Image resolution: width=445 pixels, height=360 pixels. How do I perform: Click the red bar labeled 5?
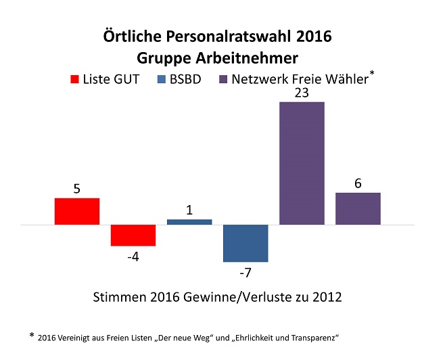[77, 210]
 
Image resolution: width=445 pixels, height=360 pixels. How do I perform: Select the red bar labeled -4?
[133, 235]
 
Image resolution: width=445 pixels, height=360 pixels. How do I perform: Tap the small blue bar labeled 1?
[189, 221]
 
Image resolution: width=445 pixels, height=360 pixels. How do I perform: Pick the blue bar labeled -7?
[245, 242]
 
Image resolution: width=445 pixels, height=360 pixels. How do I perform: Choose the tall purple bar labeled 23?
[302, 162]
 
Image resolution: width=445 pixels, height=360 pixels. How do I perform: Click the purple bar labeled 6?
[358, 208]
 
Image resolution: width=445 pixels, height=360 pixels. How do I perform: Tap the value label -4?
[133, 256]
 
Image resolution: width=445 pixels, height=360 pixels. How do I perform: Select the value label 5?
[77, 189]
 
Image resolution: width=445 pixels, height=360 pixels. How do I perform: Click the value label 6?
[358, 183]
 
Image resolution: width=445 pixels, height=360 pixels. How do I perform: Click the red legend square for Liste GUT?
[74, 79]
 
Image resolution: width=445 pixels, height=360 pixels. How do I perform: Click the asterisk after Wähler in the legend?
[373, 72]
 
